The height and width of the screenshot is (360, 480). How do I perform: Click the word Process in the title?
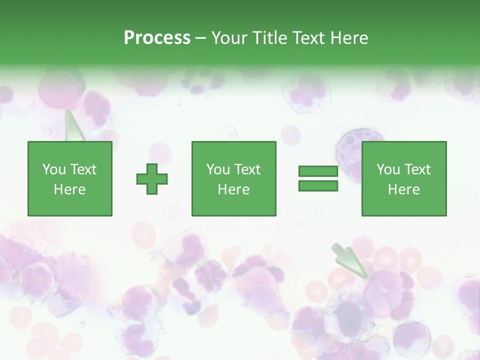[x=157, y=37]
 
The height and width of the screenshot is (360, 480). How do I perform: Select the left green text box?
[x=69, y=178]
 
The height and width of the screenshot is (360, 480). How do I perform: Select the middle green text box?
[x=233, y=178]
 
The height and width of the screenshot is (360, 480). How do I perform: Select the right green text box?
[x=403, y=178]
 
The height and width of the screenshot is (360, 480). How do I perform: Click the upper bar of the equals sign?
[x=318, y=171]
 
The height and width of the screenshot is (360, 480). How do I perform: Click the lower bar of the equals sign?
[x=318, y=185]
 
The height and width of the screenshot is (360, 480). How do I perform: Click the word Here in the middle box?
[x=233, y=189]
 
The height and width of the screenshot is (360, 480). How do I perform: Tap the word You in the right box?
[x=388, y=169]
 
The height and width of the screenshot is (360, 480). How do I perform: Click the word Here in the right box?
[x=403, y=189]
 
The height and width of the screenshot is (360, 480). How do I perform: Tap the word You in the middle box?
[x=218, y=169]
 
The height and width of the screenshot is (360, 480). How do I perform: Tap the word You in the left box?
[x=54, y=169]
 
